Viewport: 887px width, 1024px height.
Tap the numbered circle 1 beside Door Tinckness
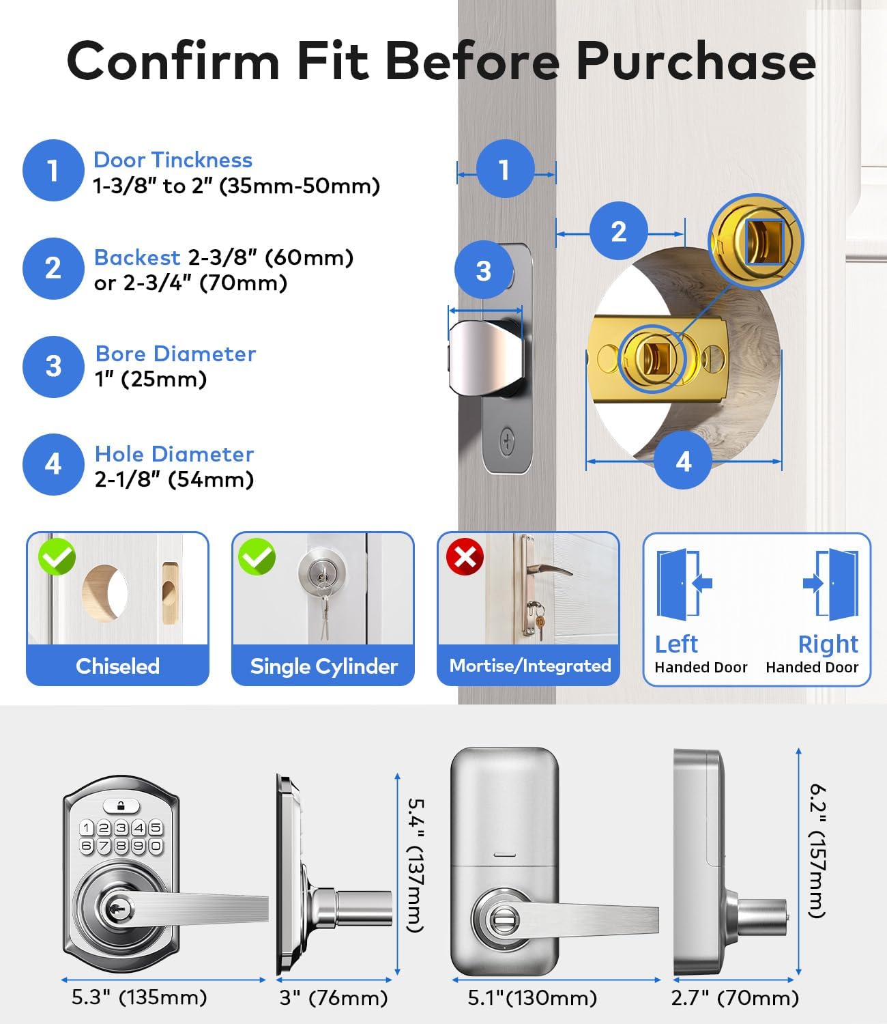53,171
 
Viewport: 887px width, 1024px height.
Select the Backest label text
137,257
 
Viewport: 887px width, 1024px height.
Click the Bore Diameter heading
175,354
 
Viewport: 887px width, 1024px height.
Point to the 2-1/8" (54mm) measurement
174,480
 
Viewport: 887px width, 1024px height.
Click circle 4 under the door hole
684,462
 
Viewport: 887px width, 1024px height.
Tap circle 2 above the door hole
618,231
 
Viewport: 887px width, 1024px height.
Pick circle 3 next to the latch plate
483,271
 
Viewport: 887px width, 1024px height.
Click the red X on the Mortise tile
465,557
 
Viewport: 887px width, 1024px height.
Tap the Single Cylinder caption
323,666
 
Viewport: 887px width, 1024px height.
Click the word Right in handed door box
828,644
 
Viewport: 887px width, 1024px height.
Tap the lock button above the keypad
120,806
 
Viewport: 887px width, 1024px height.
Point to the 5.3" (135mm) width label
139,997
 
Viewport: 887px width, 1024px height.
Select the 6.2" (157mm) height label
817,851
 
